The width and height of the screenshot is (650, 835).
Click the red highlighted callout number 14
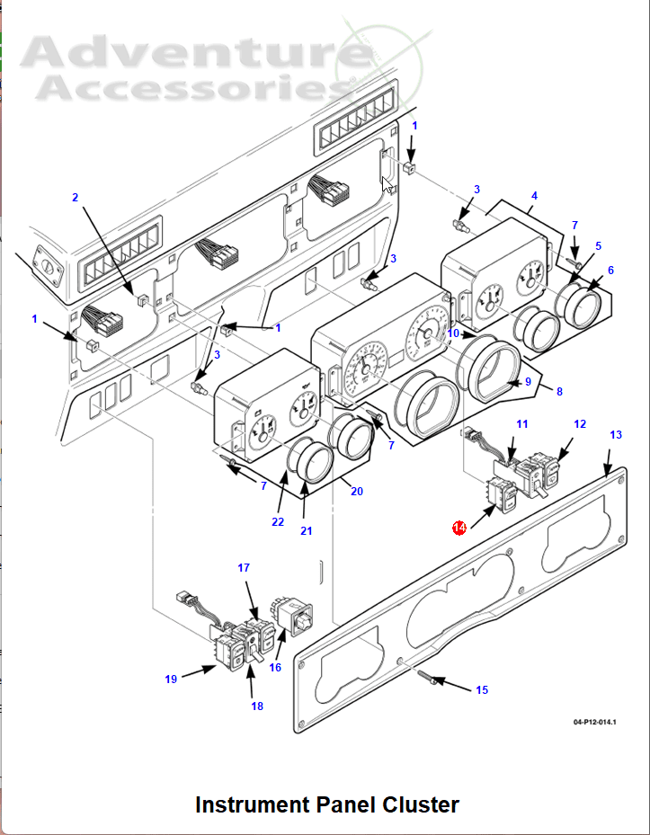(459, 528)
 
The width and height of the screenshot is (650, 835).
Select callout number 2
(76, 198)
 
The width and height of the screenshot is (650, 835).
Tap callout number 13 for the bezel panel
(615, 435)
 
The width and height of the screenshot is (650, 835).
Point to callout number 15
(482, 690)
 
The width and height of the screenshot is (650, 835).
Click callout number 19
(171, 680)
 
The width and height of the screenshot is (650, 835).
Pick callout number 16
(275, 667)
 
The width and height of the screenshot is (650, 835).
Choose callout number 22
(278, 522)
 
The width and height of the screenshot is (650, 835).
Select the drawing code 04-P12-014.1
(594, 722)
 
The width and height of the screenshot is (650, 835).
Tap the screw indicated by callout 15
(426, 677)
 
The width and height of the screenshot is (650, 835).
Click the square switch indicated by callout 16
(293, 616)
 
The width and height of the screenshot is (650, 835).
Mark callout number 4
(534, 196)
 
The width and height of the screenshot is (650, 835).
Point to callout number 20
(356, 492)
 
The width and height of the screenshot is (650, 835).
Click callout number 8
(559, 392)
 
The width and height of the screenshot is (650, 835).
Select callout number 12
(580, 424)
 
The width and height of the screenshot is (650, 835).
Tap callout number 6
(610, 271)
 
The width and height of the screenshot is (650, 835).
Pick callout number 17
(244, 568)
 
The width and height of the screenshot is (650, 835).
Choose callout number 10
(453, 333)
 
